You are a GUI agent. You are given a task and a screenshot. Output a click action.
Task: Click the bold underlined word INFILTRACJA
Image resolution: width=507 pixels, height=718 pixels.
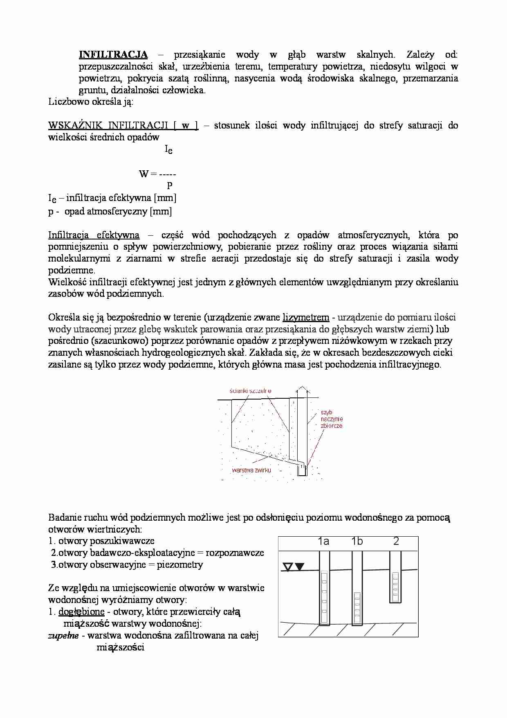click(x=113, y=54)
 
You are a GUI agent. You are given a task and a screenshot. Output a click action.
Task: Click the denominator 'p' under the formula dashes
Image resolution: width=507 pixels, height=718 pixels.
click(x=169, y=185)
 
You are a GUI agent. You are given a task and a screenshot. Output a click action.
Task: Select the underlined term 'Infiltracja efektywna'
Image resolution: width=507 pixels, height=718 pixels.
click(x=94, y=235)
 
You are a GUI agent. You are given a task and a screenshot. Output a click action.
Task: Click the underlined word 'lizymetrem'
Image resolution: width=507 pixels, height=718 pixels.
click(x=306, y=317)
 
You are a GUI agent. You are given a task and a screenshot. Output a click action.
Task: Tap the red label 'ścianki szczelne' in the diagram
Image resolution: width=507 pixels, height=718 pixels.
click(x=251, y=391)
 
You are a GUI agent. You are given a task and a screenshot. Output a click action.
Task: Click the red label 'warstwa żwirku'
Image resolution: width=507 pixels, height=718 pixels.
click(x=251, y=470)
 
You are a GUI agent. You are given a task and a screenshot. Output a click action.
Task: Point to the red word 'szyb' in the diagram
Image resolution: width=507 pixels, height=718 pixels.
click(x=327, y=413)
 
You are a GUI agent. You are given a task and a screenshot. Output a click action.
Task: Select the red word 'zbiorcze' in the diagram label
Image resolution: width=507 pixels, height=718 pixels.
click(x=332, y=426)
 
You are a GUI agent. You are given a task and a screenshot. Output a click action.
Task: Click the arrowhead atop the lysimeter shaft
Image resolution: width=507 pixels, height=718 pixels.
click(x=301, y=388)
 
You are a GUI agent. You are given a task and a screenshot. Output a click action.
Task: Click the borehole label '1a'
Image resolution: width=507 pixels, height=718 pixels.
click(x=323, y=542)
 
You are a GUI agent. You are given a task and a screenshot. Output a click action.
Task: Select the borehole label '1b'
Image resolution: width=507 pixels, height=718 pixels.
click(x=357, y=542)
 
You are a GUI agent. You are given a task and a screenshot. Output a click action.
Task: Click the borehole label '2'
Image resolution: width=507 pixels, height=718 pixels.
click(x=396, y=542)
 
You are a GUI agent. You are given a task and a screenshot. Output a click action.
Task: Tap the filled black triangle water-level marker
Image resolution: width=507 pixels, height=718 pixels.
click(x=300, y=567)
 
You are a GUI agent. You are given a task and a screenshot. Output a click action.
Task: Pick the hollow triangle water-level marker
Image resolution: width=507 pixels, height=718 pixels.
click(x=288, y=567)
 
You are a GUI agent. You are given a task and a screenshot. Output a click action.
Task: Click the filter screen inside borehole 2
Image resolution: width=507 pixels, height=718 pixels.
click(x=395, y=587)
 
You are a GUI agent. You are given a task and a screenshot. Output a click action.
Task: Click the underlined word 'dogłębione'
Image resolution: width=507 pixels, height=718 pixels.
click(x=81, y=612)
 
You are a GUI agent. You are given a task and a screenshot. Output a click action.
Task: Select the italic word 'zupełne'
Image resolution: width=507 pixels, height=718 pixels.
click(x=63, y=636)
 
